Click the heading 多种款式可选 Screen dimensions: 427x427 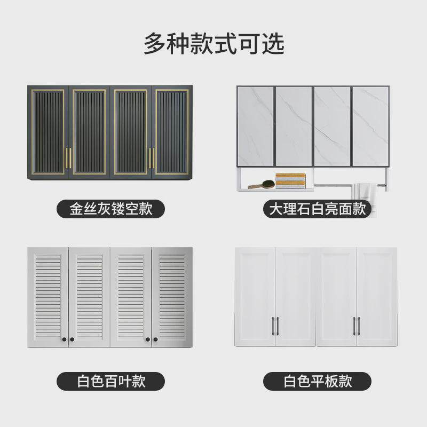tap(213, 44)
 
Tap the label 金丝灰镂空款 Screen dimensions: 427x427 tap(110, 209)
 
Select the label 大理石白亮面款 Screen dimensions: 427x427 tap(317, 209)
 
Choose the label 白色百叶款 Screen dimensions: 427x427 tap(110, 381)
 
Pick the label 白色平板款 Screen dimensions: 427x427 tap(317, 381)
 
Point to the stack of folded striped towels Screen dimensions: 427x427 tap(290, 181)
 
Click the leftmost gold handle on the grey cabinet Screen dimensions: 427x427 tap(66, 158)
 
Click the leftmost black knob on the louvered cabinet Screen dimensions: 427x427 tap(64, 339)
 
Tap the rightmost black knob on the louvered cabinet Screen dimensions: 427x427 tap(156, 339)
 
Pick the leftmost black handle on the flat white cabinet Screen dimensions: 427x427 tap(273, 323)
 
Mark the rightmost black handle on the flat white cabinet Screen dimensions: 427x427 tap(359, 323)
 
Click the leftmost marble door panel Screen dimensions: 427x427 tap(255, 126)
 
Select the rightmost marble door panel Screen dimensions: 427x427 tap(370, 126)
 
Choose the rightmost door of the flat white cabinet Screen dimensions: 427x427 tap(376, 296)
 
